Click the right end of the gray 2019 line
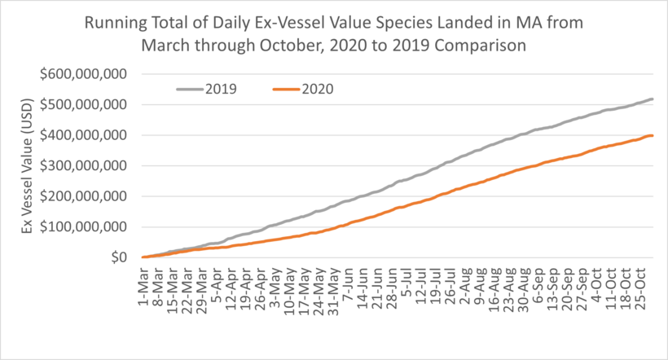pyautogui.click(x=653, y=99)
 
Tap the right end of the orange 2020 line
pyautogui.click(x=653, y=135)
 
